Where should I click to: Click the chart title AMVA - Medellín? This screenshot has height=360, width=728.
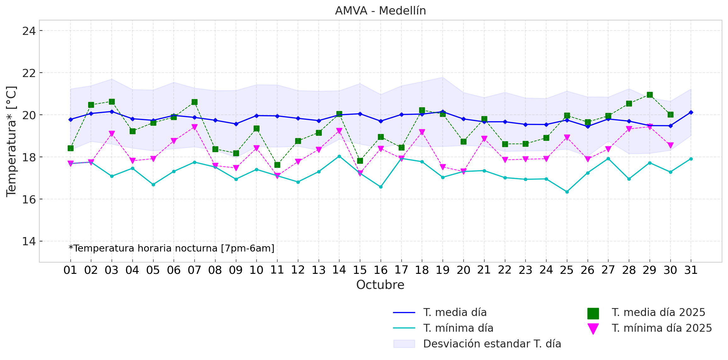(380, 11)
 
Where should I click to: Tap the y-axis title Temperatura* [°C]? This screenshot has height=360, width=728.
(12, 141)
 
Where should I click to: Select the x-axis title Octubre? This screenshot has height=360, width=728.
(380, 285)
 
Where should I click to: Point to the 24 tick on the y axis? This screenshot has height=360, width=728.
(29, 31)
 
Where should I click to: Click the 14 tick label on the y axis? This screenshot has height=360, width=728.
(29, 241)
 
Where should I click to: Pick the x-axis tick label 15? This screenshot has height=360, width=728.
(360, 270)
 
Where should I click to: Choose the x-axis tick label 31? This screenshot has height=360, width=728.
(691, 270)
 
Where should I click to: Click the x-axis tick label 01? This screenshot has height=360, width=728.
(70, 270)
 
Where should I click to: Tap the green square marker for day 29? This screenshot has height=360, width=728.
(650, 95)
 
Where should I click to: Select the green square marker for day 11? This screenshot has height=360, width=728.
(277, 165)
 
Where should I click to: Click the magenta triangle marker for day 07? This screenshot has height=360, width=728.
(194, 127)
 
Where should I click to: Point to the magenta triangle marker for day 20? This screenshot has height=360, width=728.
(463, 171)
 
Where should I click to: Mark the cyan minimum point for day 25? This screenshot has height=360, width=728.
(567, 192)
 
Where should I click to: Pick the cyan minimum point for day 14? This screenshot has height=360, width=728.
(339, 156)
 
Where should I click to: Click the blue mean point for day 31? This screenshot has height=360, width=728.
(691, 112)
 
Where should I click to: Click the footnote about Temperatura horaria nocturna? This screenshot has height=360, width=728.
(171, 248)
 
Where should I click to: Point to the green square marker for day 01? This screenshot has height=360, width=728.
(70, 148)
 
